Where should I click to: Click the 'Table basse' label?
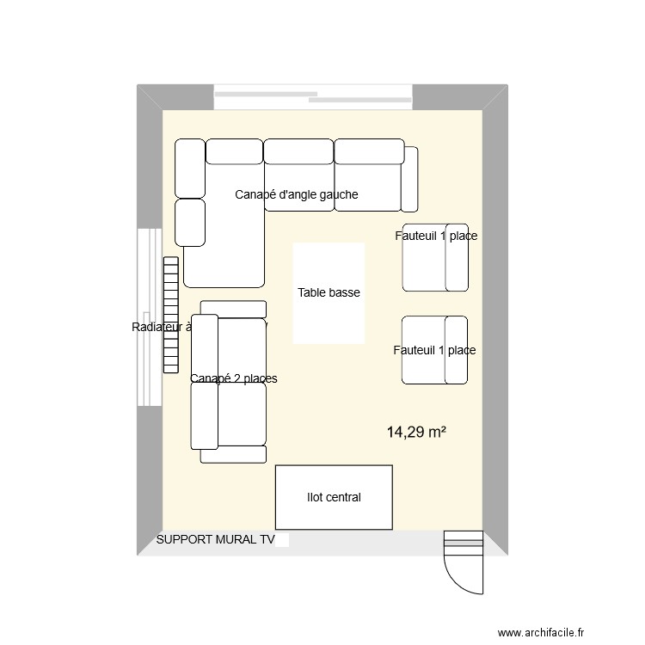[x=329, y=293]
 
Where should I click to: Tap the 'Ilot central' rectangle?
[x=334, y=497]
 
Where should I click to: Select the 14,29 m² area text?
[x=416, y=433]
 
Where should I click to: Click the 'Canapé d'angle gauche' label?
[x=296, y=195]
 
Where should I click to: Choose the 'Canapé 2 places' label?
[x=233, y=378]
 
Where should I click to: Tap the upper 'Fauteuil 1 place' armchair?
[x=435, y=260]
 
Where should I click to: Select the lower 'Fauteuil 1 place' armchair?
[x=435, y=350]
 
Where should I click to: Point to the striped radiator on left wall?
[x=169, y=314]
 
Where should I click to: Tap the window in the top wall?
[x=314, y=96]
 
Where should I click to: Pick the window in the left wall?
[x=150, y=318]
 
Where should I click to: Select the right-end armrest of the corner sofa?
[x=409, y=179]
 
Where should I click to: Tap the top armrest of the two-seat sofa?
[x=233, y=309]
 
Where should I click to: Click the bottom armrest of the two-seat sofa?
[x=233, y=454]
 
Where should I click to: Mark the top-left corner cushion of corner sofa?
[x=189, y=168]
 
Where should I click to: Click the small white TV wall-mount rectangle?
[x=283, y=540]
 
